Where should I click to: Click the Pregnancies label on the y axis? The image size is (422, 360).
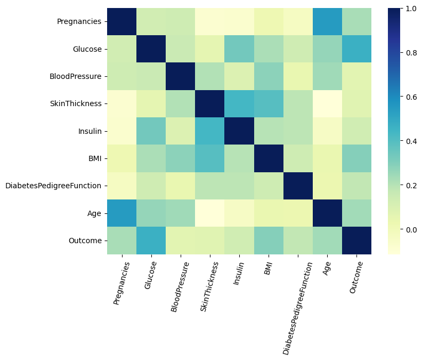79,22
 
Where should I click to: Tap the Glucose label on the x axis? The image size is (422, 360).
151,276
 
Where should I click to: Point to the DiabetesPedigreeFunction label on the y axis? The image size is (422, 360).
53,186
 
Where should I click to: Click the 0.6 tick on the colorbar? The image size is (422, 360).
410,97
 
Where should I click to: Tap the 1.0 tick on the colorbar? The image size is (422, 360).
410,9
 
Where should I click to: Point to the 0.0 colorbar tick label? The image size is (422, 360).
410,230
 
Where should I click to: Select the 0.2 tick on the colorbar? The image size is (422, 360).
410,186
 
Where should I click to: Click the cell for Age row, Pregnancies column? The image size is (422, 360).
122,213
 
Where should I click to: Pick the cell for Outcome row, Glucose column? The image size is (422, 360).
151,241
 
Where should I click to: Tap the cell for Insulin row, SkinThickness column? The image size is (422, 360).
209,131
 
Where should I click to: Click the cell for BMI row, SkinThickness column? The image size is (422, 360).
209,158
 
